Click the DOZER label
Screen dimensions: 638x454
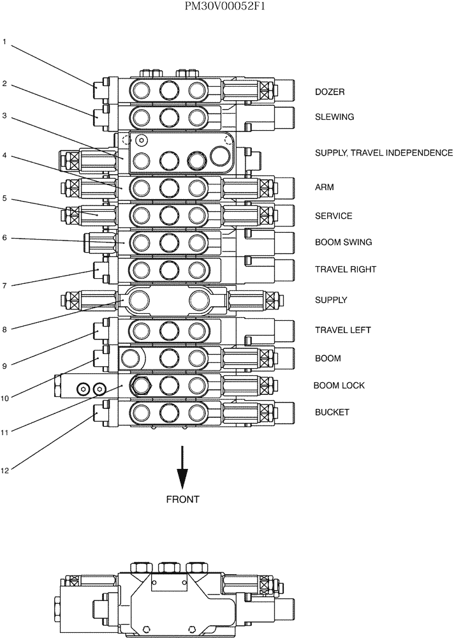point(330,92)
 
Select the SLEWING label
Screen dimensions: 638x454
point(334,117)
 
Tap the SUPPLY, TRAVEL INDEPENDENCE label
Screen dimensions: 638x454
point(383,153)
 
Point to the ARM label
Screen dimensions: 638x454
point(324,188)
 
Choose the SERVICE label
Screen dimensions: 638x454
point(333,216)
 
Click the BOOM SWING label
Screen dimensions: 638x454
point(343,242)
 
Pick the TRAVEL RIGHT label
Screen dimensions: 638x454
point(345,269)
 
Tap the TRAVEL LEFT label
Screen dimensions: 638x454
point(342,330)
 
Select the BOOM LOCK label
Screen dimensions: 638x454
point(339,385)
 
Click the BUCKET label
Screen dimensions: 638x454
point(332,412)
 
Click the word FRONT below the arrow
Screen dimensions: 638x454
point(182,500)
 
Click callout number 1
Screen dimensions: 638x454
point(4,43)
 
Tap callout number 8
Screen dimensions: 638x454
point(4,329)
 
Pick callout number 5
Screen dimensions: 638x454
point(4,198)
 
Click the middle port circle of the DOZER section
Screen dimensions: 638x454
point(169,90)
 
